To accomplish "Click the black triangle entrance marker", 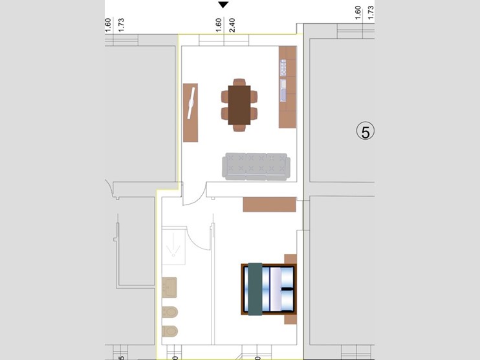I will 223,5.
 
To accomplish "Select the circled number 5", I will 365,132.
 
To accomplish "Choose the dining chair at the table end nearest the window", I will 239,83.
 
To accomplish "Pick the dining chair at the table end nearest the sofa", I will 239,128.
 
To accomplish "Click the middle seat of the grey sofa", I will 255,166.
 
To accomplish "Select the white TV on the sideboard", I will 191,104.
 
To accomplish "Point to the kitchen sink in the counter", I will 283,91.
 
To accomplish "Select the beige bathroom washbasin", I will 169,287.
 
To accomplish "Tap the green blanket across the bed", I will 255,288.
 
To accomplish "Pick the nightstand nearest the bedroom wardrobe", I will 290,259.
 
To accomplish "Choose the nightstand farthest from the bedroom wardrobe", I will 290,318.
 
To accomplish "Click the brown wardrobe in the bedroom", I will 269,205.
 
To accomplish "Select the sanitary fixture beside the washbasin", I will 169,311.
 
